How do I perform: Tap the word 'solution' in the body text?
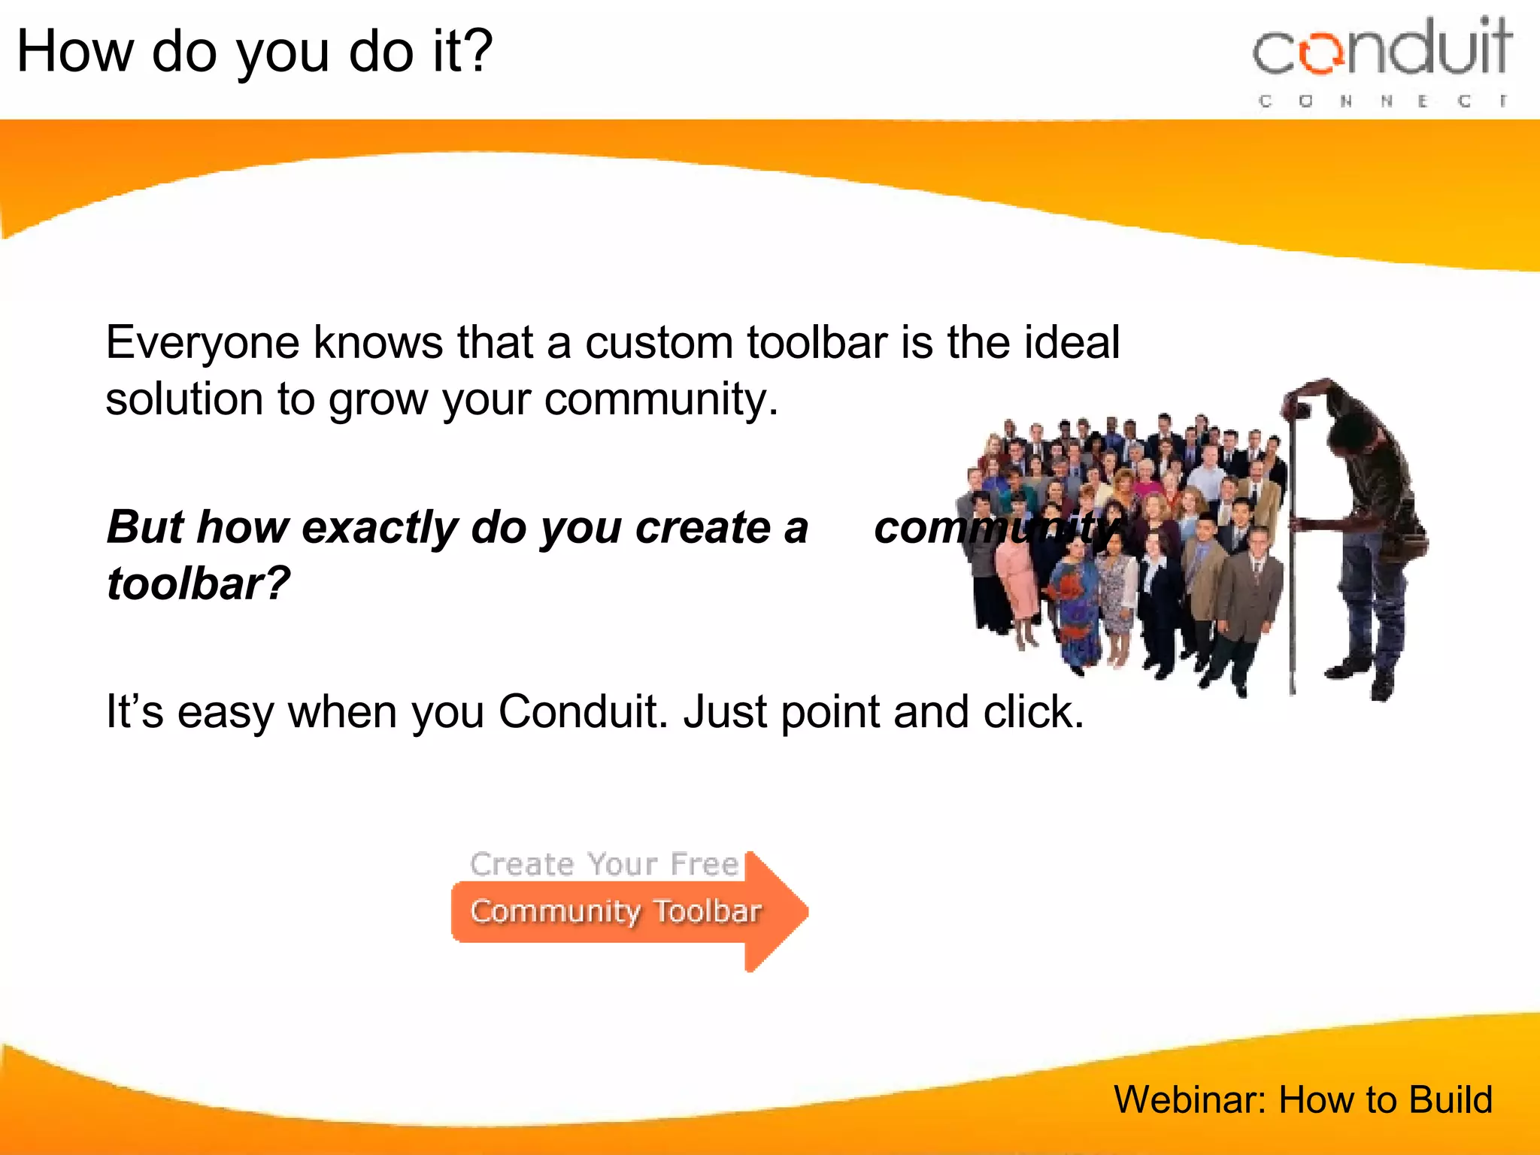184,399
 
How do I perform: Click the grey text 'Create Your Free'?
604,865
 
